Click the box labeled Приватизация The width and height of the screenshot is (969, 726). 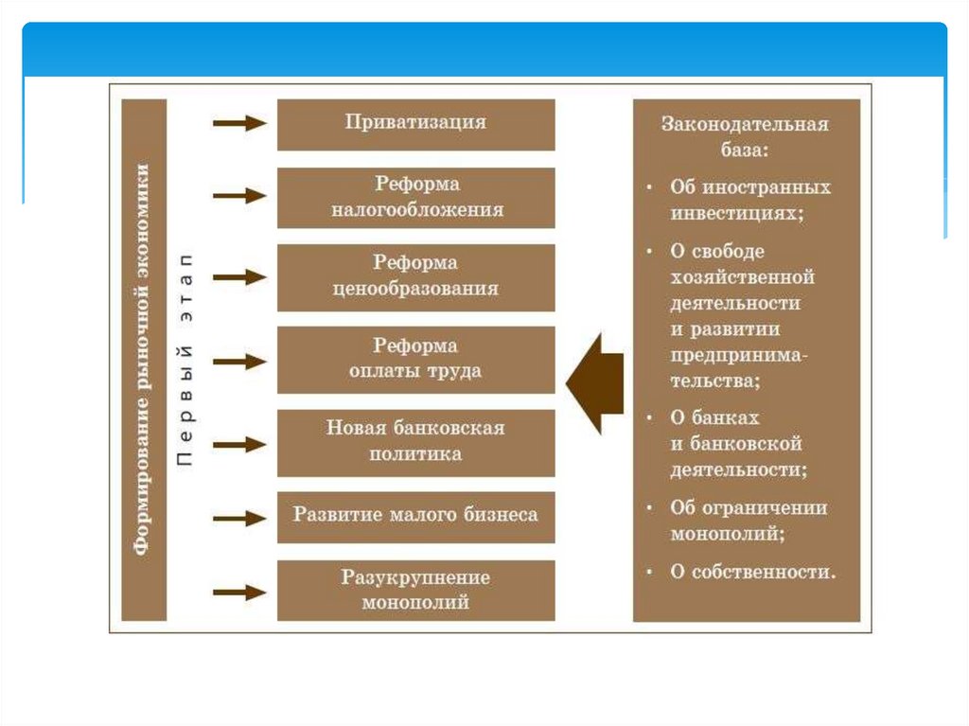pos(415,124)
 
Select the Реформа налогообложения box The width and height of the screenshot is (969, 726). pos(415,197)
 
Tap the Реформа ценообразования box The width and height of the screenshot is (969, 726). pos(415,276)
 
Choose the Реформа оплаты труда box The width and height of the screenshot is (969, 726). pos(415,359)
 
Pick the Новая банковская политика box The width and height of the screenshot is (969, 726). pos(415,441)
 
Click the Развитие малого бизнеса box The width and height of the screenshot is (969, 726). pos(415,516)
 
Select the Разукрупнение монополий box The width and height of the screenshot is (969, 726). pos(415,590)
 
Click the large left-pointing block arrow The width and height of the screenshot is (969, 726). pos(595,381)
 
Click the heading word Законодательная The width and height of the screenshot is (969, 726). pos(745,123)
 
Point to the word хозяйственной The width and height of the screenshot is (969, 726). pos(742,277)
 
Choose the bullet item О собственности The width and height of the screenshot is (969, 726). pos(753,572)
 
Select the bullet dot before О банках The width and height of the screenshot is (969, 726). pos(650,418)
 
